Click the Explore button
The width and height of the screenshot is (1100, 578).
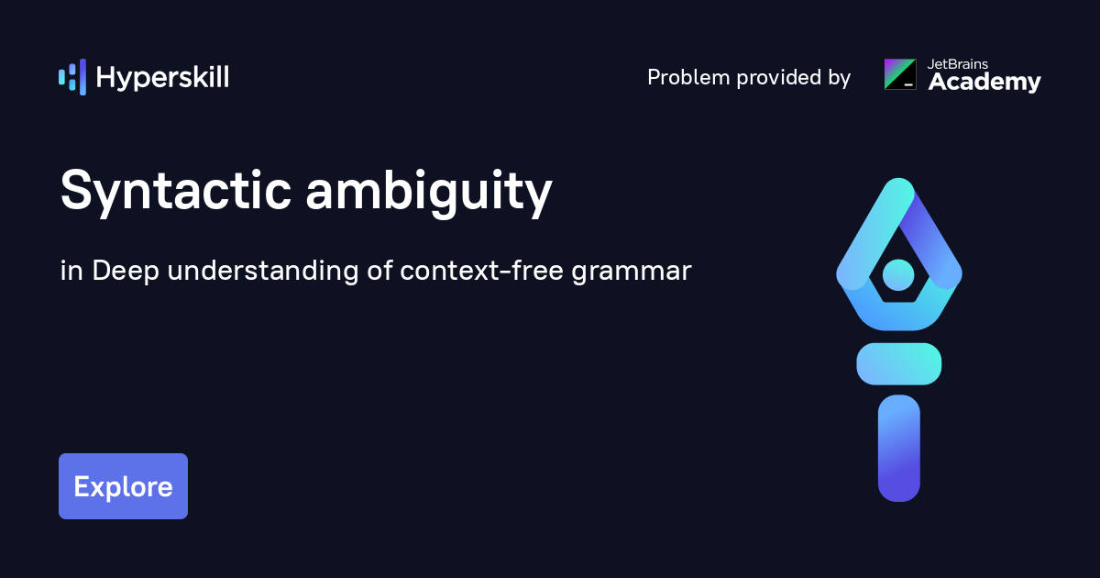(x=123, y=486)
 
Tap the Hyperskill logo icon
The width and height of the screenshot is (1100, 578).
(x=72, y=77)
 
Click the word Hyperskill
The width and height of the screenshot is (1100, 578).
(x=162, y=78)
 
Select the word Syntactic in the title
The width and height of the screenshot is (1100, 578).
(x=176, y=192)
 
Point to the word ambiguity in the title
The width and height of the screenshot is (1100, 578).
(x=429, y=192)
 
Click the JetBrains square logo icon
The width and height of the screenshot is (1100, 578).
(x=900, y=74)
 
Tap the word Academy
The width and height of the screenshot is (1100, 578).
(x=984, y=82)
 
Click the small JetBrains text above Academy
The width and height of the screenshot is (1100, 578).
(x=958, y=64)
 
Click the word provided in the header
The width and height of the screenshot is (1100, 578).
(x=779, y=78)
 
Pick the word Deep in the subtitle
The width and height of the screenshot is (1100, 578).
(x=126, y=272)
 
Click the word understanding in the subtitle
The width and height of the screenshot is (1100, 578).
(x=263, y=272)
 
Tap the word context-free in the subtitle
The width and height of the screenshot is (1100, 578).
(x=481, y=271)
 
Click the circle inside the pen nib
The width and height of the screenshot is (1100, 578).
(x=898, y=274)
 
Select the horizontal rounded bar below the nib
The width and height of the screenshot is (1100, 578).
(x=898, y=363)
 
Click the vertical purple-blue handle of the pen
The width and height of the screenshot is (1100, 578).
(x=898, y=449)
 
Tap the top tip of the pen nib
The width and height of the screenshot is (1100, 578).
(x=898, y=179)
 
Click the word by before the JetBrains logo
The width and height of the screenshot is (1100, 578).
(x=840, y=78)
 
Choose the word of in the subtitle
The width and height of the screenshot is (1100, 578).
(x=379, y=271)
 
